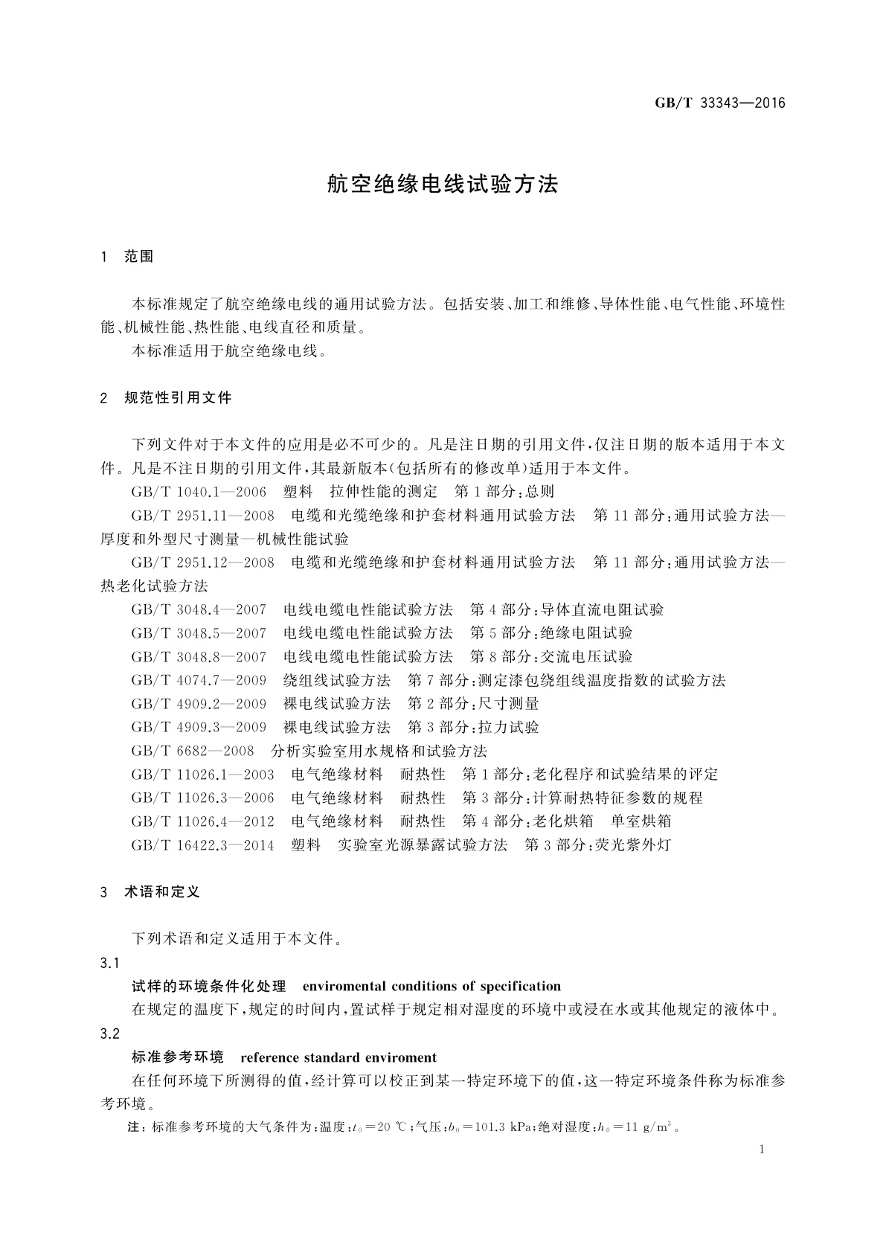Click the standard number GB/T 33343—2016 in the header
(x=719, y=103)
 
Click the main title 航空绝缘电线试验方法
(x=443, y=185)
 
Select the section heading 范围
(x=139, y=257)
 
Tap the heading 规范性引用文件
(x=179, y=398)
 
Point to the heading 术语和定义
(x=162, y=891)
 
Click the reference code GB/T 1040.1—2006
(x=199, y=492)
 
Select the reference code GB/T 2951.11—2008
(x=202, y=516)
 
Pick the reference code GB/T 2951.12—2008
(x=202, y=563)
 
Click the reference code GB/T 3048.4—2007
(x=199, y=610)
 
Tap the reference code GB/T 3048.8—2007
(x=199, y=657)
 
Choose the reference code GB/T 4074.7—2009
(x=199, y=680)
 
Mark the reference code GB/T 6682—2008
(x=193, y=751)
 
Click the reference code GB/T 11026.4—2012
(x=202, y=821)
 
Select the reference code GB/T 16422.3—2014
(x=202, y=845)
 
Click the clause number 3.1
(x=110, y=964)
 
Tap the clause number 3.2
(x=110, y=1034)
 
